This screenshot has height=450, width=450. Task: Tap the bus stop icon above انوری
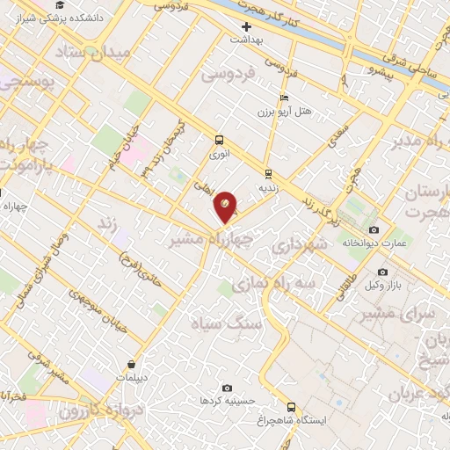point(219,140)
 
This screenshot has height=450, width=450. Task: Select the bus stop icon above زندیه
point(267,173)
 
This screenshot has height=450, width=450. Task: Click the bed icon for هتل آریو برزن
point(282,98)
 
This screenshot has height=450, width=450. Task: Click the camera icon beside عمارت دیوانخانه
point(374,229)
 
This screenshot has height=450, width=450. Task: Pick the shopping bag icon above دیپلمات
point(131,365)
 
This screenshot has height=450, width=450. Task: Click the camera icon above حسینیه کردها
point(228,388)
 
